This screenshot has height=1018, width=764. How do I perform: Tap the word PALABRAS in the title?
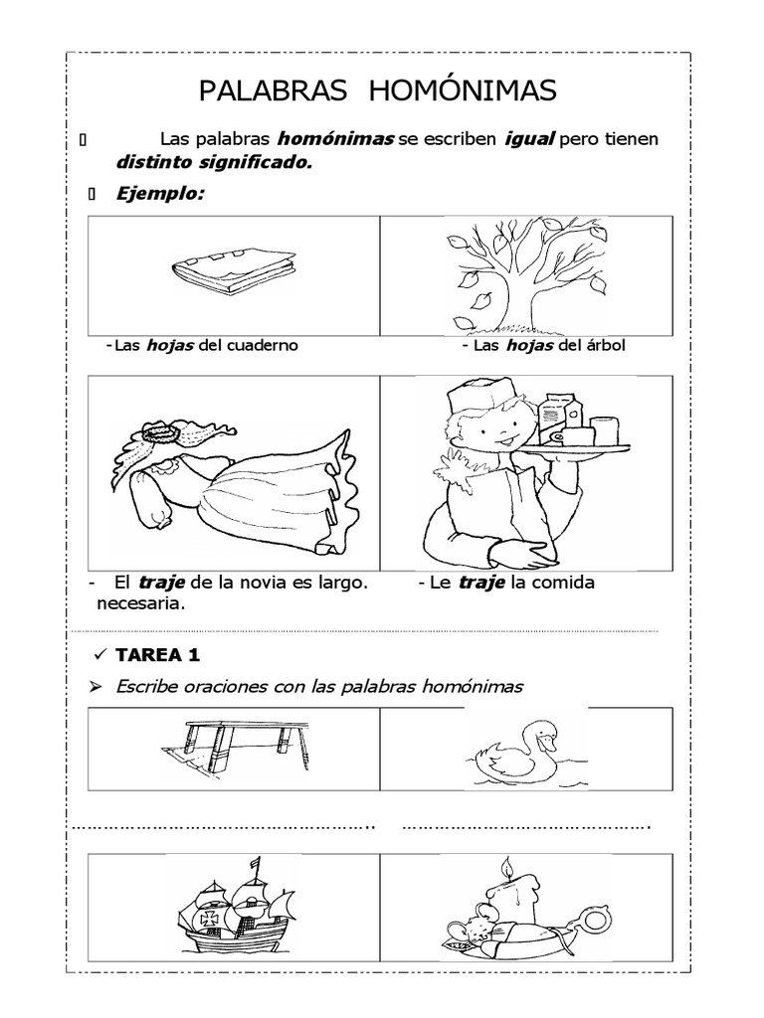[274, 91]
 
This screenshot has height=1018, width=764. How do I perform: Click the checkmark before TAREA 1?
[98, 654]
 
